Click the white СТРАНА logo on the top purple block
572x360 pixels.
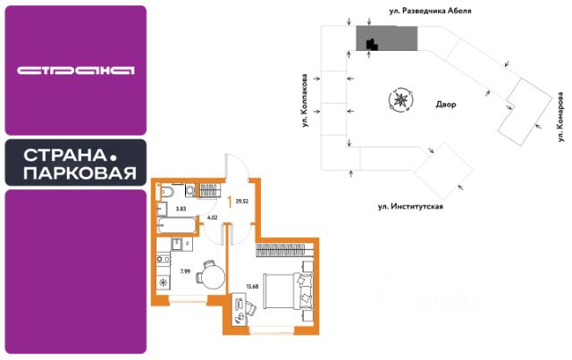point(75,69)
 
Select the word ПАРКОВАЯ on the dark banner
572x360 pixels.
point(80,172)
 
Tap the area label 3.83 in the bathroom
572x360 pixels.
point(181,209)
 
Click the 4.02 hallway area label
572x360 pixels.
point(212,215)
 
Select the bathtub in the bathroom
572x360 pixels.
point(173,222)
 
